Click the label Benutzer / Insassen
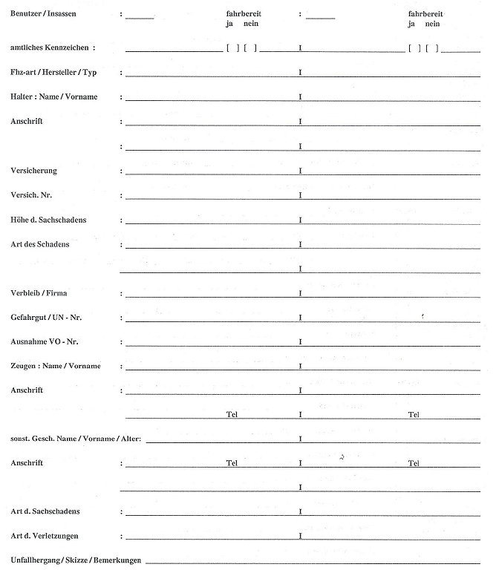point(43,14)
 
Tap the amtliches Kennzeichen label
point(53,47)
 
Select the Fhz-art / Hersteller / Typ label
point(53,72)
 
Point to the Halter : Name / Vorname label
point(54,96)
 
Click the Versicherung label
point(33,170)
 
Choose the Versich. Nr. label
point(32,194)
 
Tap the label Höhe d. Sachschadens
point(49,220)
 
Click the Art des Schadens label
point(40,244)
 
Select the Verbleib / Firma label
point(39,293)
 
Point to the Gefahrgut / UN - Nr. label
point(46,317)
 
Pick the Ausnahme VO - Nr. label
point(45,341)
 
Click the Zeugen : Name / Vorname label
point(56,366)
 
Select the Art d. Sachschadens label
point(45,511)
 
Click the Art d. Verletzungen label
point(45,535)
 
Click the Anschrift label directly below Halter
point(27,121)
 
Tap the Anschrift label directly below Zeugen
point(27,390)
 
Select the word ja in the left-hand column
point(229,24)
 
